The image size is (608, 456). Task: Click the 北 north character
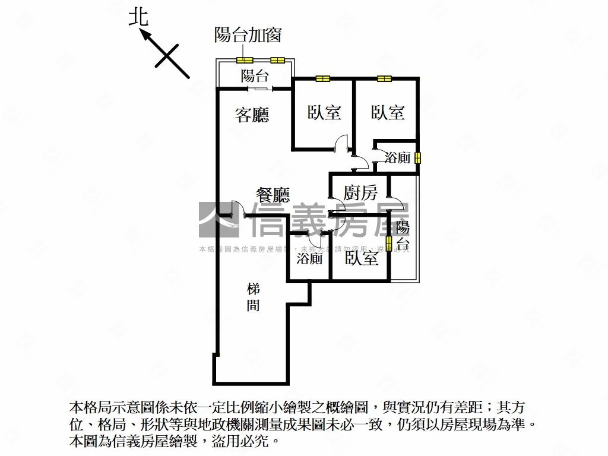(x=138, y=17)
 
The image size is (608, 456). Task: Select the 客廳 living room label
(x=252, y=115)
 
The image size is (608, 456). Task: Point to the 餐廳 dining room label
(x=273, y=194)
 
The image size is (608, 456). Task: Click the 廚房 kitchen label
(x=360, y=192)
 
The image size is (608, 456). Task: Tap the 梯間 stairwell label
(x=253, y=297)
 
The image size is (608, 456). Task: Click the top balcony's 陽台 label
(x=255, y=75)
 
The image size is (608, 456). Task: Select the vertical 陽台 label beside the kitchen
(x=403, y=236)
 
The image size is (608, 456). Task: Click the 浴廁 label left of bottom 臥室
(x=309, y=259)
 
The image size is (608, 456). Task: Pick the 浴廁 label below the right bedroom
(x=397, y=158)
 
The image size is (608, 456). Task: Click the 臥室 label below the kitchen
(x=361, y=259)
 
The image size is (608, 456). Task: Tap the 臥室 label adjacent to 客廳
(x=324, y=112)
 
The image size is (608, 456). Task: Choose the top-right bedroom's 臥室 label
(x=388, y=112)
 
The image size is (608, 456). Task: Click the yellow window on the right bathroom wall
(x=417, y=158)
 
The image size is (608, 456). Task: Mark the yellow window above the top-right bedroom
(x=384, y=78)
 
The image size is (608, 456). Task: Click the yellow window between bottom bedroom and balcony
(x=389, y=243)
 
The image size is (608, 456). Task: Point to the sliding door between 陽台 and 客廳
(x=261, y=89)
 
